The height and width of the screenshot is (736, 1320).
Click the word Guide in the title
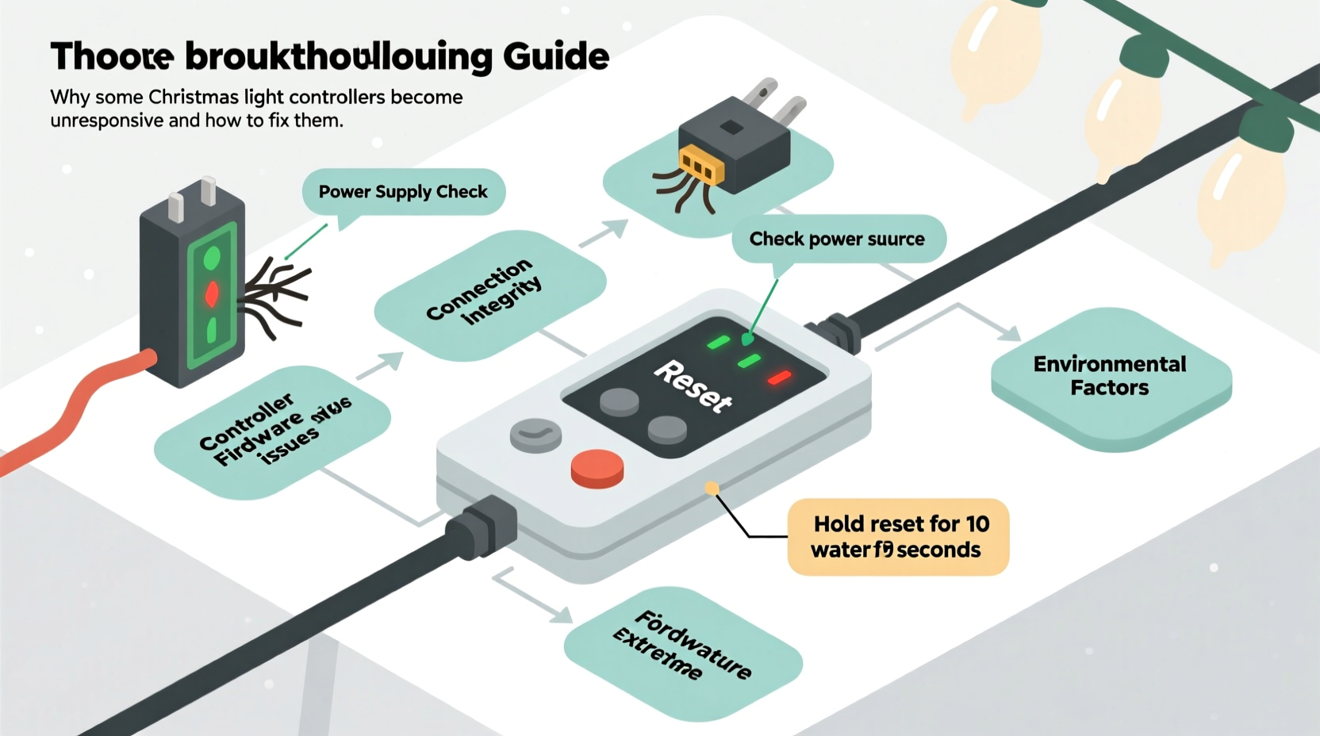(x=555, y=56)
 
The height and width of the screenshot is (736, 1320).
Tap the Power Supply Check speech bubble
(x=403, y=192)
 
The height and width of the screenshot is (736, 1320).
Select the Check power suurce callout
(x=837, y=239)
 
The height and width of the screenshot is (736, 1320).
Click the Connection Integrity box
(x=485, y=292)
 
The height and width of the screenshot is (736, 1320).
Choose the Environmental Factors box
(x=1109, y=376)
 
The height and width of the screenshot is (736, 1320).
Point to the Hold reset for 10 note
(x=899, y=537)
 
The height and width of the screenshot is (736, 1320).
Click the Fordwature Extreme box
(x=683, y=648)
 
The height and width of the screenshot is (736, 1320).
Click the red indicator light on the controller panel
(x=780, y=378)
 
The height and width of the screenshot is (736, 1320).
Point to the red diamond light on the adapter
(x=212, y=294)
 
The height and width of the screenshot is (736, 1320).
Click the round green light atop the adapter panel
(x=212, y=259)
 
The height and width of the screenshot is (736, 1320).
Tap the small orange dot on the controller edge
(x=712, y=489)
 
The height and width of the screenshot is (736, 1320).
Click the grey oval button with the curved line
(x=536, y=435)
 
